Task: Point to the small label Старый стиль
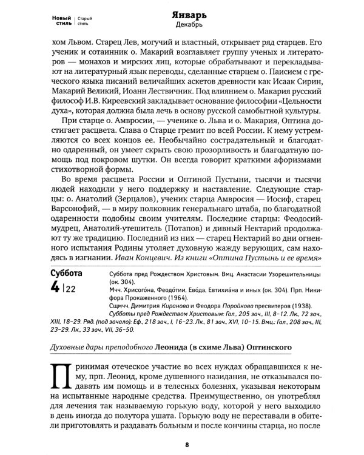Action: (84, 21)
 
